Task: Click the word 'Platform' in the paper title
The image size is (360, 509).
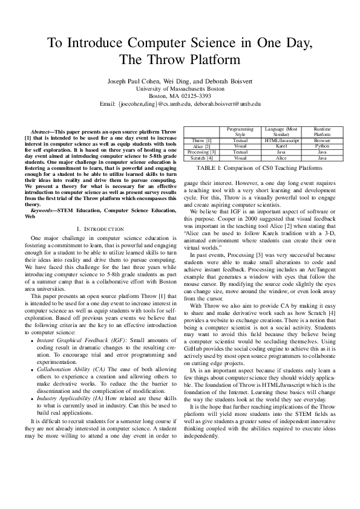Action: click(x=207, y=59)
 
